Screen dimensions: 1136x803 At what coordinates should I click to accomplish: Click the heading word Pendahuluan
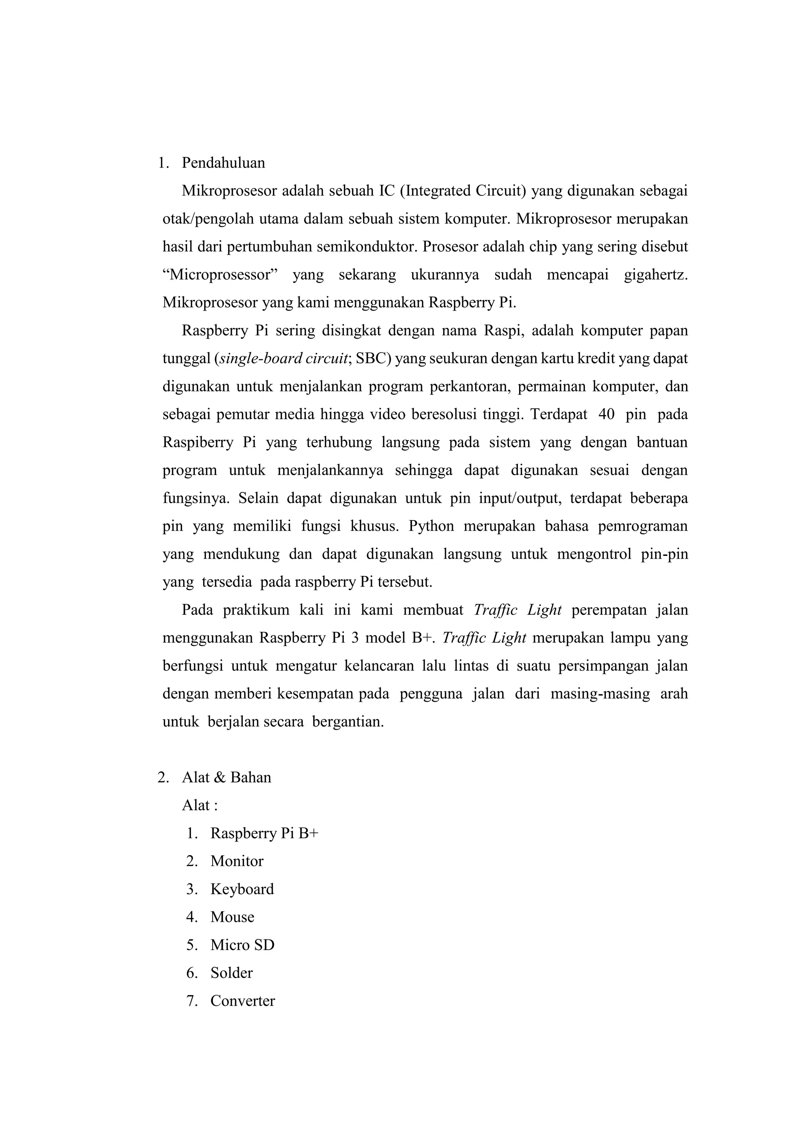(x=223, y=163)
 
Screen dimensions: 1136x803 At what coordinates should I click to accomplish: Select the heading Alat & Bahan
(x=227, y=777)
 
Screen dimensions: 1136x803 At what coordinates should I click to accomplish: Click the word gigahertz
(x=655, y=275)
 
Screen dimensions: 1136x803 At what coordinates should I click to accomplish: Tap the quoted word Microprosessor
(x=220, y=275)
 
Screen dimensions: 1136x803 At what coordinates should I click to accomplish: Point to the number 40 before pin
(x=606, y=414)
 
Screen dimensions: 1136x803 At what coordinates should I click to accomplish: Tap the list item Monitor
(x=237, y=861)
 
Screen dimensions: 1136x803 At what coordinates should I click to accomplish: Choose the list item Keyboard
(x=242, y=889)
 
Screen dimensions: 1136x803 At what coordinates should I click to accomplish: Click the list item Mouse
(x=233, y=917)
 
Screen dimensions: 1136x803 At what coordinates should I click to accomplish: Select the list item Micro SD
(x=242, y=945)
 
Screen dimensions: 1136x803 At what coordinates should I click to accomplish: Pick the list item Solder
(x=231, y=973)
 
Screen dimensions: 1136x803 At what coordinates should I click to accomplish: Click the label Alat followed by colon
(x=199, y=805)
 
